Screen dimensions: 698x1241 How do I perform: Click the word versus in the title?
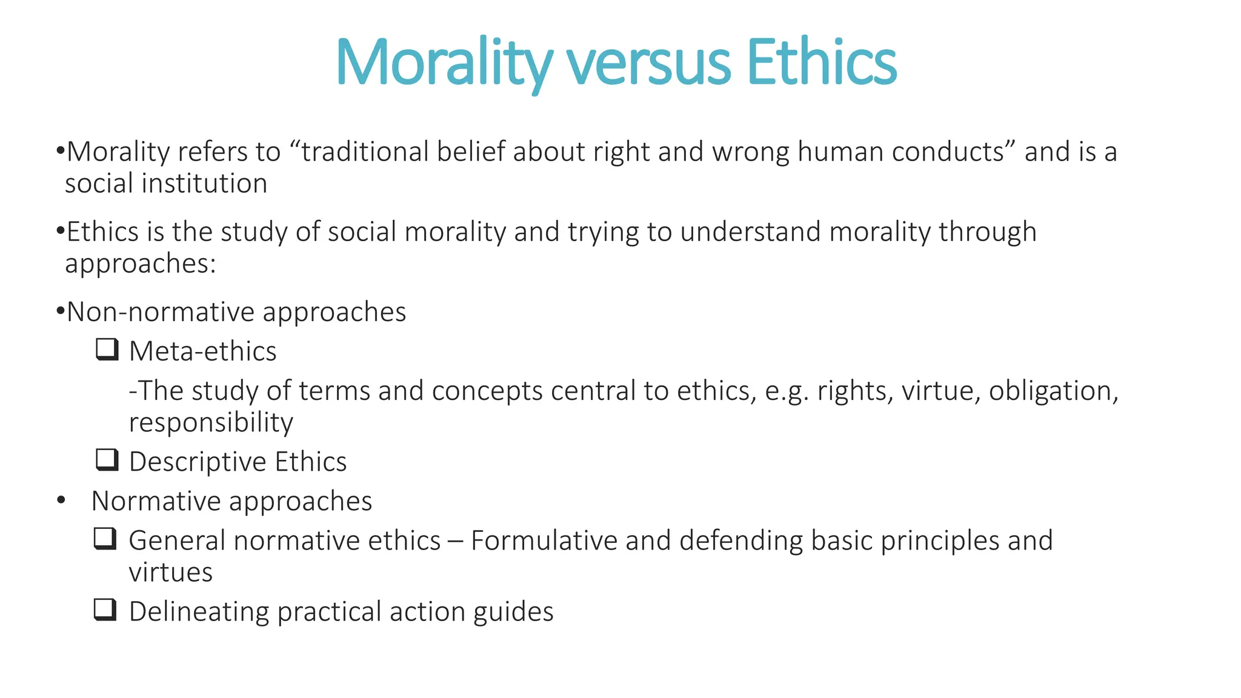(648, 63)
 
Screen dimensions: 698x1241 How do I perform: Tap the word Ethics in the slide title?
(821, 63)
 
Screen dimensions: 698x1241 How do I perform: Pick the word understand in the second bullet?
(750, 232)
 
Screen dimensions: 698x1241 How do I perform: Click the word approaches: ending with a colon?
(141, 264)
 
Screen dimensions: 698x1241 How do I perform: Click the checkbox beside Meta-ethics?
(107, 350)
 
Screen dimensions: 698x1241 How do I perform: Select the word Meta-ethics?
(203, 351)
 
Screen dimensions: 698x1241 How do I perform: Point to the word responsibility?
(211, 422)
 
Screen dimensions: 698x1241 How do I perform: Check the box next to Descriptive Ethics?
(107, 460)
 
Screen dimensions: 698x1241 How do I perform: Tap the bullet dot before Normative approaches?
(61, 501)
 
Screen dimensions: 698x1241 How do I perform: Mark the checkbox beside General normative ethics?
(105, 539)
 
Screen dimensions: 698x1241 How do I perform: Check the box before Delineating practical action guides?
(105, 610)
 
